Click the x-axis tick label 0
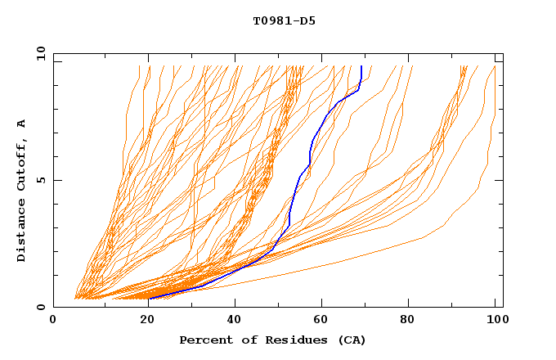tap(53, 322)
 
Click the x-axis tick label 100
tap(494, 322)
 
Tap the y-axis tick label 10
tap(39, 53)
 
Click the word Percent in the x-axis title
tap(203, 340)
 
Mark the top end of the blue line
tap(361, 66)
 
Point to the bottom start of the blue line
tap(149, 299)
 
